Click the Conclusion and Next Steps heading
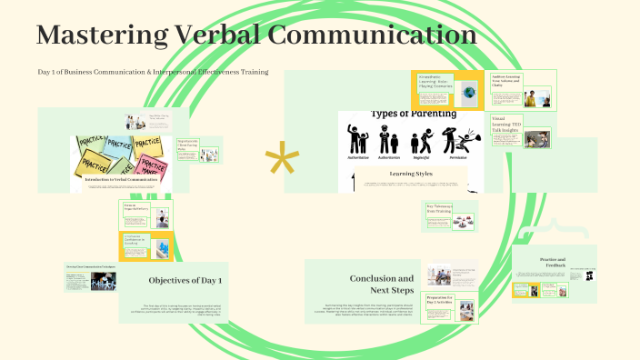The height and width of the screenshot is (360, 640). pyautogui.click(x=381, y=285)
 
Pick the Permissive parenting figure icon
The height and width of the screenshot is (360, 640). pyautogui.click(x=452, y=140)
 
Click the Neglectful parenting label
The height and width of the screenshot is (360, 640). pyautogui.click(x=422, y=157)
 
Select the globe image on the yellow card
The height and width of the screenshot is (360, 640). pyautogui.click(x=469, y=92)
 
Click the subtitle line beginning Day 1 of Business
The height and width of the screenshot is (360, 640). pyautogui.click(x=153, y=71)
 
